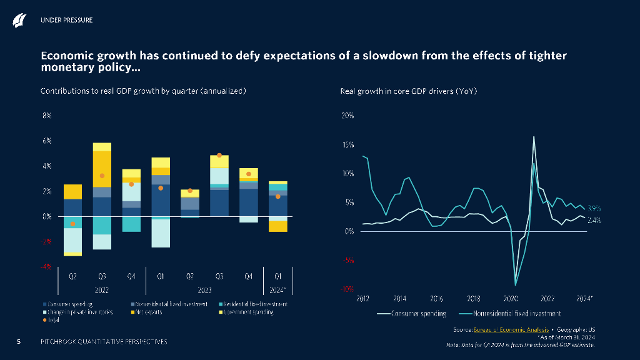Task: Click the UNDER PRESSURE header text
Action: [66, 20]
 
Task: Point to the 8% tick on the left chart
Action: [46, 116]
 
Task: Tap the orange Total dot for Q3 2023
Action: [219, 155]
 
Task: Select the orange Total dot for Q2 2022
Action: [73, 224]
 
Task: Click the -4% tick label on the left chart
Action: [46, 266]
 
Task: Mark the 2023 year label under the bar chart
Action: [204, 289]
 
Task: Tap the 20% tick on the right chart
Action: [347, 116]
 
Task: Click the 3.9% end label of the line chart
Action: [594, 208]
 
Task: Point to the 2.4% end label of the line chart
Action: [594, 220]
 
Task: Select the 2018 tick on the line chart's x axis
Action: [474, 299]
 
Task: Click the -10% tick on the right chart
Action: [347, 289]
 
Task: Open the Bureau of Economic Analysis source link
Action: [512, 329]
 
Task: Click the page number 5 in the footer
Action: [19, 341]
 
